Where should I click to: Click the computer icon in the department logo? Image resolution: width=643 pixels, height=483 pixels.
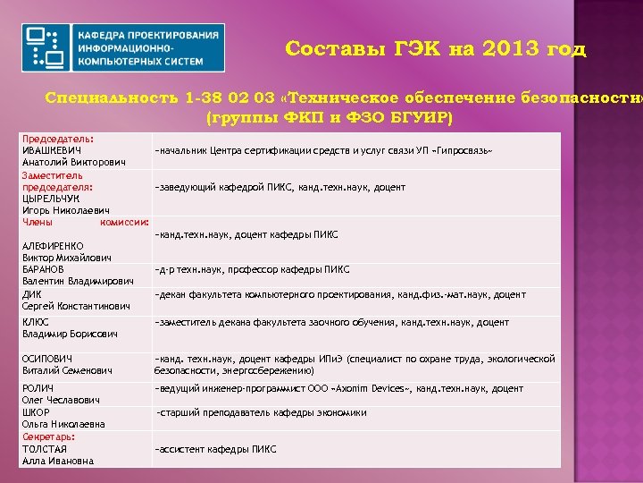point(46,48)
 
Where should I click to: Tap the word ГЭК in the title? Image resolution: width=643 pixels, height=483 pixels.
point(418,48)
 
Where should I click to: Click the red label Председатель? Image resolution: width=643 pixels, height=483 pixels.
point(59,140)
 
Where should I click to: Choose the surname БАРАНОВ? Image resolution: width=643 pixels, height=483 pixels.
point(43,269)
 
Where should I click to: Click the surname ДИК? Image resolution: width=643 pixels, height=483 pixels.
point(31,293)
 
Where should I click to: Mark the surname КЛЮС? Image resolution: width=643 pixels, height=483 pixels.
point(36,322)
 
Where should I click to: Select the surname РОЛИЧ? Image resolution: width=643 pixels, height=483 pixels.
point(38,388)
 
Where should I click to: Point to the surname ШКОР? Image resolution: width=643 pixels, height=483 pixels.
point(36,412)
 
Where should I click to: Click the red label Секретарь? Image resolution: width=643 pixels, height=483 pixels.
point(49,436)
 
